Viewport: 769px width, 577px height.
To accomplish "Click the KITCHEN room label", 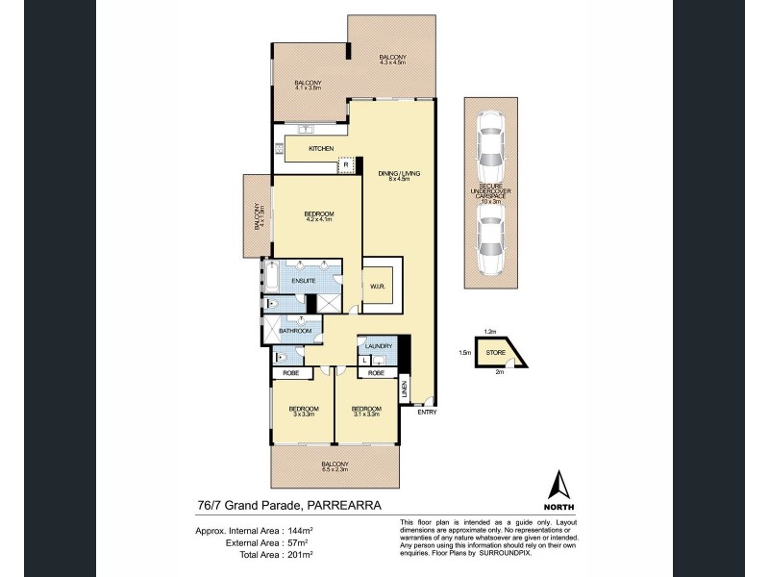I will [x=321, y=149].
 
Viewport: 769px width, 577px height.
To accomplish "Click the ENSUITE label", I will [x=304, y=280].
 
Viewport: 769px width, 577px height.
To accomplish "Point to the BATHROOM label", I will [x=295, y=332].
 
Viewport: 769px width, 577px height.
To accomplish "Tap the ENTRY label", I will [x=427, y=414].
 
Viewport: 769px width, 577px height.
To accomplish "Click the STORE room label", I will [x=495, y=354].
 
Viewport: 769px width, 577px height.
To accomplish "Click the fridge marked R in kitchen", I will [x=346, y=165].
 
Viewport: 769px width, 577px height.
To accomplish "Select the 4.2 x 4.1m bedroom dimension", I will [x=319, y=219].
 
